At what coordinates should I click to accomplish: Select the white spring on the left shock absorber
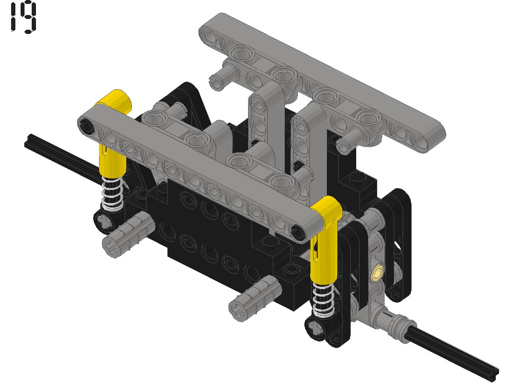[112, 193]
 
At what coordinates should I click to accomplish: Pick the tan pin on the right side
[378, 271]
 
